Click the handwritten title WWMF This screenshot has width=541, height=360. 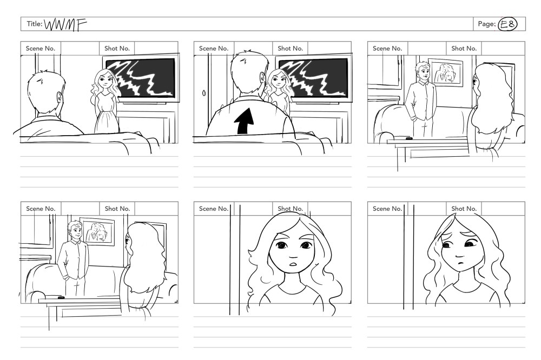tap(65, 25)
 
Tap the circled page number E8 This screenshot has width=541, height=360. tap(507, 24)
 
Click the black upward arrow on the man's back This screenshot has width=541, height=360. tap(245, 121)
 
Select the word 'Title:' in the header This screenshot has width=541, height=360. tap(35, 24)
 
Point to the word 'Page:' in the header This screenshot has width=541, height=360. tap(486, 24)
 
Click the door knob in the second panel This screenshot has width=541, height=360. tap(203, 93)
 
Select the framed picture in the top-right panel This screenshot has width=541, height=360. tap(446, 72)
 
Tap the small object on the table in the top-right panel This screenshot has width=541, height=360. tap(409, 138)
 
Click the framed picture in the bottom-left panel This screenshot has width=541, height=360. tap(97, 232)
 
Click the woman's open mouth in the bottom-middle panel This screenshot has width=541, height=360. tap(293, 264)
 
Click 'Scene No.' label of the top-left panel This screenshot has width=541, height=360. tap(41, 48)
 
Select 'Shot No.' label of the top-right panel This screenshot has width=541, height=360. tap(464, 48)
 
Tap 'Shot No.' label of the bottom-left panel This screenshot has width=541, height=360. tap(117, 209)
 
